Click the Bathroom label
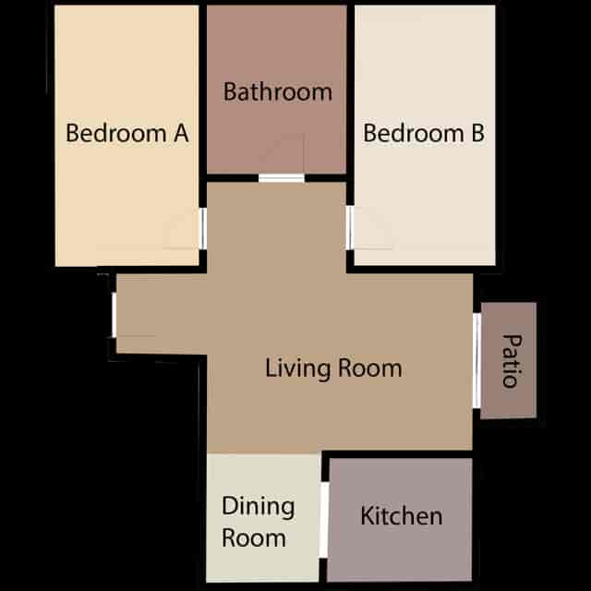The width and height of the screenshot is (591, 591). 278,91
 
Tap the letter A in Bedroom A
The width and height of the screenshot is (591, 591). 181,133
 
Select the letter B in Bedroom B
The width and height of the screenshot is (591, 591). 478,133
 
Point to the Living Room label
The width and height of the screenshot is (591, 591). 333,368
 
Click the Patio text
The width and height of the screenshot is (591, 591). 513,361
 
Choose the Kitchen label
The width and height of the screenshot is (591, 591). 402,515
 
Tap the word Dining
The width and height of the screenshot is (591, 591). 259,507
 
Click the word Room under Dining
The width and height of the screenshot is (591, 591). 254,537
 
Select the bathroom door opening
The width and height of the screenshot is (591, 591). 282,178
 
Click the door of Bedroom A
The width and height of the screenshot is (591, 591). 203,228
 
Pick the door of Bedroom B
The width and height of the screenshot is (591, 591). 350,228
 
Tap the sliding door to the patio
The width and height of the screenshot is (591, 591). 476,360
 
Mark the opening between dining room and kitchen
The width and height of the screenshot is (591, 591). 324,519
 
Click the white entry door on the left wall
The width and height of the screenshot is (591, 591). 114,315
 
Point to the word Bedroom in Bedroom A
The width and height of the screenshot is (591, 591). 116,133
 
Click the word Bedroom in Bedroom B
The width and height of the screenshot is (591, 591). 414,133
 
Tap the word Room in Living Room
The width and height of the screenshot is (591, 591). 370,368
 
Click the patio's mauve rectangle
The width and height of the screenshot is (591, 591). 509,361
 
